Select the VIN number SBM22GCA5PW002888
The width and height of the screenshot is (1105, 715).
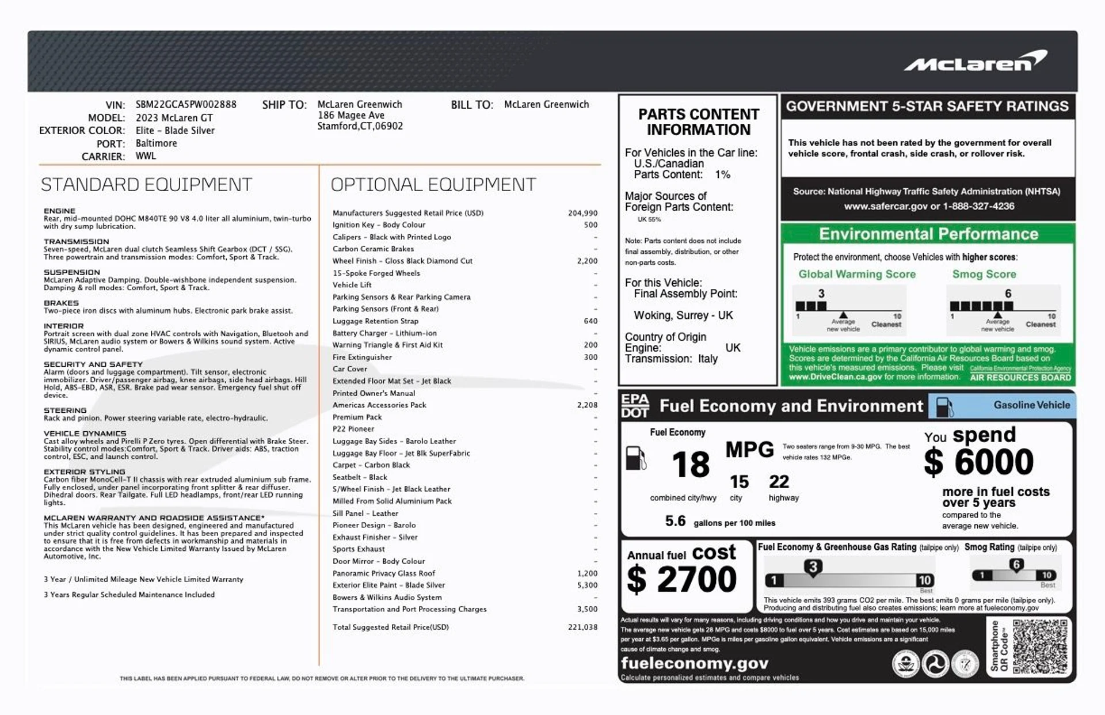(x=186, y=105)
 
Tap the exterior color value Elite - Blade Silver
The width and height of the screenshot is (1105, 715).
(x=175, y=131)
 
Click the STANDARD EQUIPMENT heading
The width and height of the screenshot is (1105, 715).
(x=146, y=185)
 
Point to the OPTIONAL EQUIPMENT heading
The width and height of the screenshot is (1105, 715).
(x=433, y=185)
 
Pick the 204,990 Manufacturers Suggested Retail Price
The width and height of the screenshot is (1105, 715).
(x=582, y=213)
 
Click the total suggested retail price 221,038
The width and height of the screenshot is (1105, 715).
(x=582, y=627)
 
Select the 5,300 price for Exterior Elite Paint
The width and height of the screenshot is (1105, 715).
(x=587, y=585)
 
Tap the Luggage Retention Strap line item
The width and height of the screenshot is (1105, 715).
(x=375, y=321)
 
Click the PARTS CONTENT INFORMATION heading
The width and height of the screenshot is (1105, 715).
(x=698, y=122)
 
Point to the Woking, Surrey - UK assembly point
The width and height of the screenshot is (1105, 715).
(x=683, y=315)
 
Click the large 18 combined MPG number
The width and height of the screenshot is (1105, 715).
(x=691, y=465)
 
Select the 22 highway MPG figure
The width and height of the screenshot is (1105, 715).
(x=779, y=482)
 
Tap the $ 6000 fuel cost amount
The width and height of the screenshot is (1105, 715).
(x=979, y=462)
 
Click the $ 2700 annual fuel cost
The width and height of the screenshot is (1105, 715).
(x=682, y=579)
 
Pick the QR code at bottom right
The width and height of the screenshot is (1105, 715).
(x=1039, y=646)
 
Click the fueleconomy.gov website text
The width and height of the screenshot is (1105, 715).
(x=694, y=663)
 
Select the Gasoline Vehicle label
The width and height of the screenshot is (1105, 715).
(x=1031, y=405)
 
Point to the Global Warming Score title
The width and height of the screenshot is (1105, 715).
(x=856, y=275)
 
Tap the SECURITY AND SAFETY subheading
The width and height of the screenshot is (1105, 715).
(x=93, y=364)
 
